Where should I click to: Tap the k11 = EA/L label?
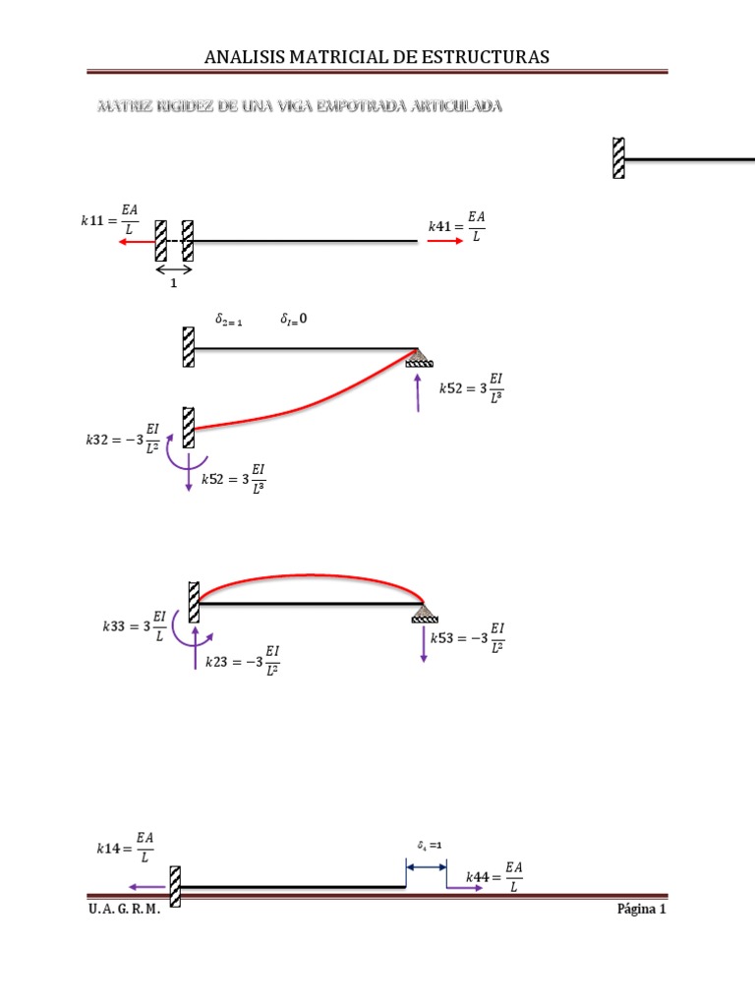click(110, 222)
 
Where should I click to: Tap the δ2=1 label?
click(228, 320)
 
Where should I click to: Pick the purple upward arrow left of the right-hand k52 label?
click(419, 393)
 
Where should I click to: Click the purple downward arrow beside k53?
click(424, 645)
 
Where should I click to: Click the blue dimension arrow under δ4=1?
click(426, 866)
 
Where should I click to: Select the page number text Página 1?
click(641, 910)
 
